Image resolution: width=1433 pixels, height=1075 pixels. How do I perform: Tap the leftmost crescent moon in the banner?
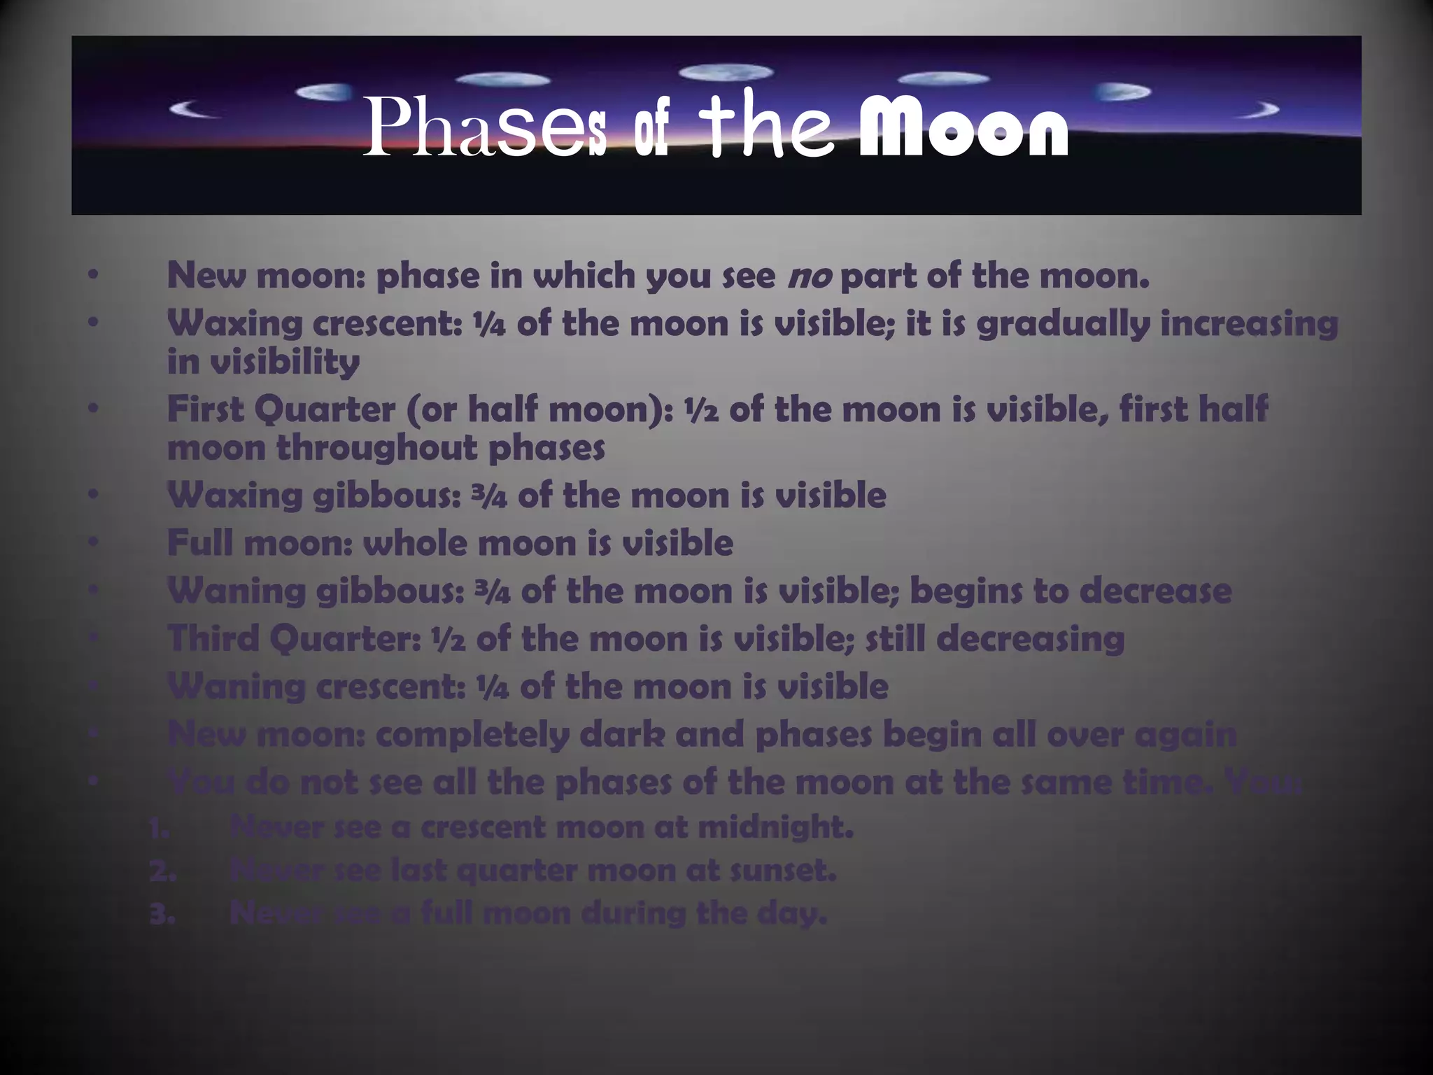[193, 108]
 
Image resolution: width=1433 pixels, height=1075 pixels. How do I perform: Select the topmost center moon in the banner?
[726, 72]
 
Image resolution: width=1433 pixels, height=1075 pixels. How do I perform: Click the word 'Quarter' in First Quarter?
[325, 409]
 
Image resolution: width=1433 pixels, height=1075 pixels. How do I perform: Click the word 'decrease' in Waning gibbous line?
[1155, 591]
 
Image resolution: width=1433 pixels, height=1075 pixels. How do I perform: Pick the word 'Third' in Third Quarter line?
[213, 638]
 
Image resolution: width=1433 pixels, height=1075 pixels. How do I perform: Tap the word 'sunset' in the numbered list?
[787, 871]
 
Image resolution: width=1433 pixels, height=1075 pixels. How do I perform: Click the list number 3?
[162, 914]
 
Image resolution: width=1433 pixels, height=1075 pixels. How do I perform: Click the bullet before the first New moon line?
[94, 275]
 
